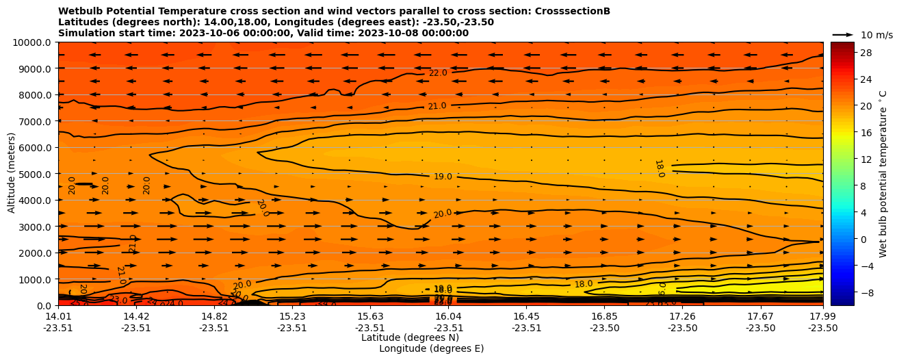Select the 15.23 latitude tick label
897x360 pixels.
[x=292, y=316]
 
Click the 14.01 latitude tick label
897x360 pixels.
[x=58, y=316]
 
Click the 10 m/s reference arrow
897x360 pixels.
[x=843, y=34]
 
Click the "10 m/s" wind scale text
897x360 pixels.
[x=876, y=35]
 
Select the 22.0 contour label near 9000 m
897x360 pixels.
[x=438, y=73]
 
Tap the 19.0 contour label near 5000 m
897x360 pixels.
[x=443, y=177]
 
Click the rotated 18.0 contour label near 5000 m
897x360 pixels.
[x=659, y=168]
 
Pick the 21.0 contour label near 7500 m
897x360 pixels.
[x=437, y=106]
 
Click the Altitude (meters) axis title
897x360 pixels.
[x=12, y=174]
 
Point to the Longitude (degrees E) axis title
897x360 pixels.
[x=431, y=348]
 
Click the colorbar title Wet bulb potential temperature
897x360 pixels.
[x=883, y=174]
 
